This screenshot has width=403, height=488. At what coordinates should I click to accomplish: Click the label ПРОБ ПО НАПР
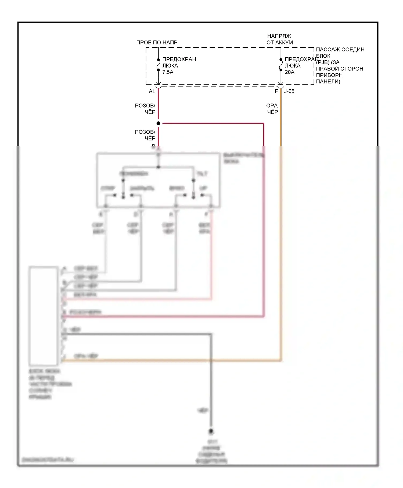coord(157,43)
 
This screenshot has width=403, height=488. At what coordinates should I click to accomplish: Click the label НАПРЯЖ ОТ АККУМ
coord(279,39)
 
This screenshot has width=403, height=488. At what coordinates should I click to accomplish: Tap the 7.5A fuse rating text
coord(168,72)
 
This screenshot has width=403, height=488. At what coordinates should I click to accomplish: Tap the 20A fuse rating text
coord(289,72)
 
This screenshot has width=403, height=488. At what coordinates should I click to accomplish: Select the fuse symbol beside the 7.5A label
coord(158,65)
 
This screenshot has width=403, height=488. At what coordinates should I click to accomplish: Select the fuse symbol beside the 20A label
coord(281,65)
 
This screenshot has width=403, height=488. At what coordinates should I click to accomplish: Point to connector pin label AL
coord(152,91)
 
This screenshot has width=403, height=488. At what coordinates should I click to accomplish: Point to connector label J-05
coord(289,91)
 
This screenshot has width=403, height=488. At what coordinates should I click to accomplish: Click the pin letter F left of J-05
coord(276,91)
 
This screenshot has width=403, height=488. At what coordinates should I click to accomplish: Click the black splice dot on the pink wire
coord(158,123)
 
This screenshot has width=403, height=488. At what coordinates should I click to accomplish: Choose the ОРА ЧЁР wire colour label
coord(272,109)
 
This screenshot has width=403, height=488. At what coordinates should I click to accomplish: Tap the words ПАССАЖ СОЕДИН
coord(340,49)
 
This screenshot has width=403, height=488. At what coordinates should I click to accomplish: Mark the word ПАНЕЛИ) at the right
coord(328,82)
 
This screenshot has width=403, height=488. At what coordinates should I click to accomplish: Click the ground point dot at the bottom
coord(211,432)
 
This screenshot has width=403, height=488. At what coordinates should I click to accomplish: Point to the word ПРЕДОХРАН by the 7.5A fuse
coord(179,59)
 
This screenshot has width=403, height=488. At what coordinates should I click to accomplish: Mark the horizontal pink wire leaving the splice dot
coord(212,123)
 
